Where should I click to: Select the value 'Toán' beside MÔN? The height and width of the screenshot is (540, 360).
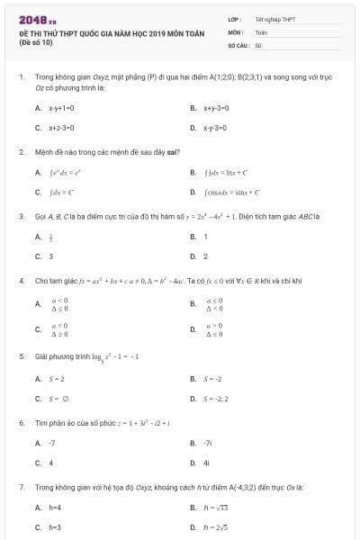pyautogui.click(x=261, y=31)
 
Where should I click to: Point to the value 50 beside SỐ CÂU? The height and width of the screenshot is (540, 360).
pyautogui.click(x=258, y=44)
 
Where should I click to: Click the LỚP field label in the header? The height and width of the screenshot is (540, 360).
pyautogui.click(x=235, y=18)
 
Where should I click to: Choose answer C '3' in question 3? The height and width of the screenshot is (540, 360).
pyautogui.click(x=51, y=256)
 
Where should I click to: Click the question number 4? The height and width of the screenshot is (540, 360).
pyautogui.click(x=21, y=280)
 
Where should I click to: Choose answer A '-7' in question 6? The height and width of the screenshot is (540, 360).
pyautogui.click(x=52, y=443)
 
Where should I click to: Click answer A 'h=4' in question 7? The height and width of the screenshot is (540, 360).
pyautogui.click(x=55, y=508)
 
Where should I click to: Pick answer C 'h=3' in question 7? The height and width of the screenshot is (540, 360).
pyautogui.click(x=55, y=527)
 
